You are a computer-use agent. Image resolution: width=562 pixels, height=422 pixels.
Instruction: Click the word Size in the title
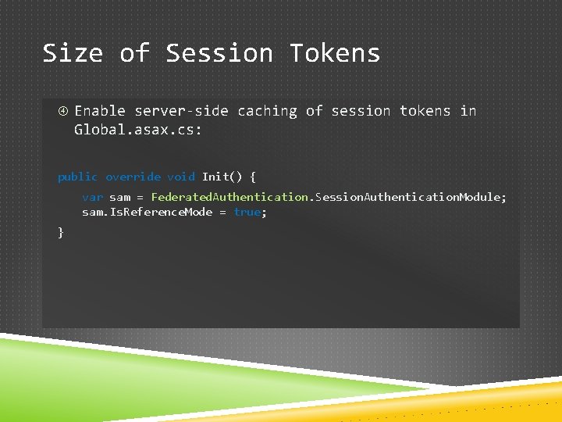pos(72,53)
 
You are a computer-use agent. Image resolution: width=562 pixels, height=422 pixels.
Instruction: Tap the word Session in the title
pos(219,53)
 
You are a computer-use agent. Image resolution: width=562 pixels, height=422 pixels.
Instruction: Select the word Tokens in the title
pos(335,53)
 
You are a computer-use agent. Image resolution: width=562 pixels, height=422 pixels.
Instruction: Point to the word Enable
pos(100,111)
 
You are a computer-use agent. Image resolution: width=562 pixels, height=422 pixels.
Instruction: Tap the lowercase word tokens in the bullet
pos(425,111)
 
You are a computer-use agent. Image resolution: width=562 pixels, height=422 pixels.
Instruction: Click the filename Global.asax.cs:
pos(138,130)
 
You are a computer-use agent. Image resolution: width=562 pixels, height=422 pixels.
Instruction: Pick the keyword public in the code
pos(78,177)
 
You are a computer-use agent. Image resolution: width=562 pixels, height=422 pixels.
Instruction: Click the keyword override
pos(133,177)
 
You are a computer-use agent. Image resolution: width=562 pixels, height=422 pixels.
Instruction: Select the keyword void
pos(181,177)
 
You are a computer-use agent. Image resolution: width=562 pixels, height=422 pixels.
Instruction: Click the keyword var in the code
pos(92,197)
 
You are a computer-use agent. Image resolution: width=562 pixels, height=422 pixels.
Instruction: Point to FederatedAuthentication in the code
pos(230,197)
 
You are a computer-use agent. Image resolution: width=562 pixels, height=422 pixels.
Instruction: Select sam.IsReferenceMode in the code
pos(147,213)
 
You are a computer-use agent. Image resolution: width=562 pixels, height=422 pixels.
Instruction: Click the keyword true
pos(247,213)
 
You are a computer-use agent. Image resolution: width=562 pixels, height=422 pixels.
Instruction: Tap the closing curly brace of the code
pos(61,232)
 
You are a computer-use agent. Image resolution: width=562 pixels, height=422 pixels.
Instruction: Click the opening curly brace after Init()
pos(252,177)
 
